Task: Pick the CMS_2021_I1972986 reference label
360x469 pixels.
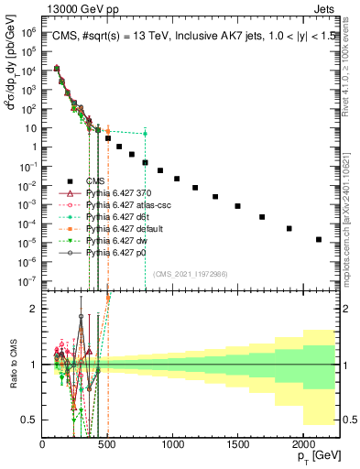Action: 191,272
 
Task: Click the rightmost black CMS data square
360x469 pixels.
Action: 319,239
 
